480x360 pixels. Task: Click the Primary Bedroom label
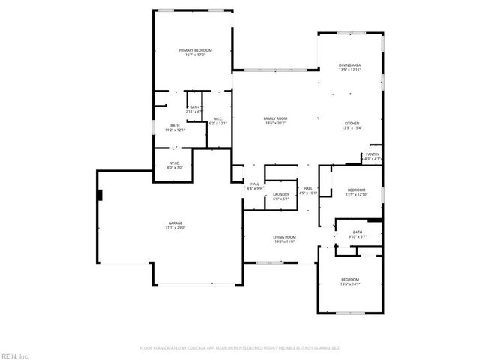click(x=192, y=50)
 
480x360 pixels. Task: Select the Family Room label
click(x=275, y=118)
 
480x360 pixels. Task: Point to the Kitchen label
click(x=352, y=124)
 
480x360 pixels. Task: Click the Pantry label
click(x=373, y=154)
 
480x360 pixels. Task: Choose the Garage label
click(x=175, y=223)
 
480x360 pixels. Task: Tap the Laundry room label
click(x=281, y=195)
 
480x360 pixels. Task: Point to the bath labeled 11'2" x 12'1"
click(x=175, y=126)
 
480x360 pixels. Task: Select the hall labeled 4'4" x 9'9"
click(x=255, y=184)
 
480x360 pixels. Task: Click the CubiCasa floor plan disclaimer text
click(x=240, y=348)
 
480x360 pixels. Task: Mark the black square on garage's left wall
click(x=99, y=195)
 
